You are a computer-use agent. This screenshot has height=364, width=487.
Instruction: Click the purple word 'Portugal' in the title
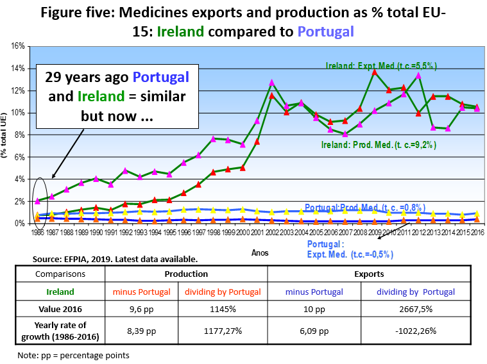click(326, 31)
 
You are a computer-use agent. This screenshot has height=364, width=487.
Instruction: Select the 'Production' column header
click(185, 273)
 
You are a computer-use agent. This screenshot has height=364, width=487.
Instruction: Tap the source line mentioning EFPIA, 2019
click(114, 260)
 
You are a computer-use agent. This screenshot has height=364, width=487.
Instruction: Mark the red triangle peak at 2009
click(375, 72)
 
